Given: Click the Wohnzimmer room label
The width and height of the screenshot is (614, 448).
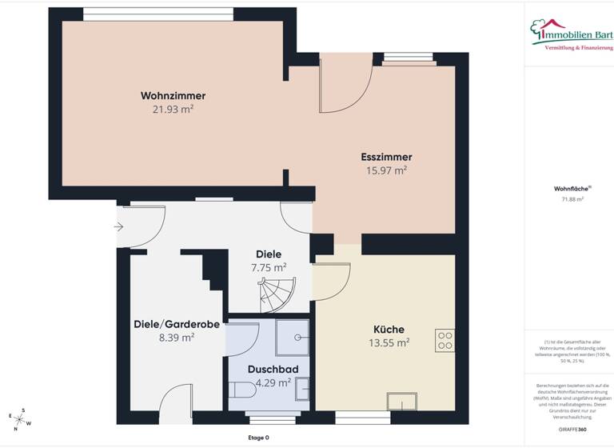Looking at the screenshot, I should tap(167, 96).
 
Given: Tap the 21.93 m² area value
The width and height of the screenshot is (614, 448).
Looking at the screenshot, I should tap(167, 109).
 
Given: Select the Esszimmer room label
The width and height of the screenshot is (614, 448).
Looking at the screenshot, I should tap(386, 157).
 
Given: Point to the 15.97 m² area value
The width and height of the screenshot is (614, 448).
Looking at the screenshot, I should tap(386, 170).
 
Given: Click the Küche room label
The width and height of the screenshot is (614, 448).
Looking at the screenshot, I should tap(389, 329).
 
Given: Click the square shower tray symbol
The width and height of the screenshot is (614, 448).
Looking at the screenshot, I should tap(293, 336).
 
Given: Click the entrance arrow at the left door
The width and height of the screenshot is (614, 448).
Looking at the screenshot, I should tap(119, 227).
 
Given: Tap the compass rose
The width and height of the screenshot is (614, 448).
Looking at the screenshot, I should tap(20, 418).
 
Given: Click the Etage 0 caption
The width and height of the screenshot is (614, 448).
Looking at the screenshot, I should tap(257, 438).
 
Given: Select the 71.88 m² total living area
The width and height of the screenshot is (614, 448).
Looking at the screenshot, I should tap(568, 199).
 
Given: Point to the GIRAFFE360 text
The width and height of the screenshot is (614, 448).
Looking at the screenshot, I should tap(568, 430).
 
